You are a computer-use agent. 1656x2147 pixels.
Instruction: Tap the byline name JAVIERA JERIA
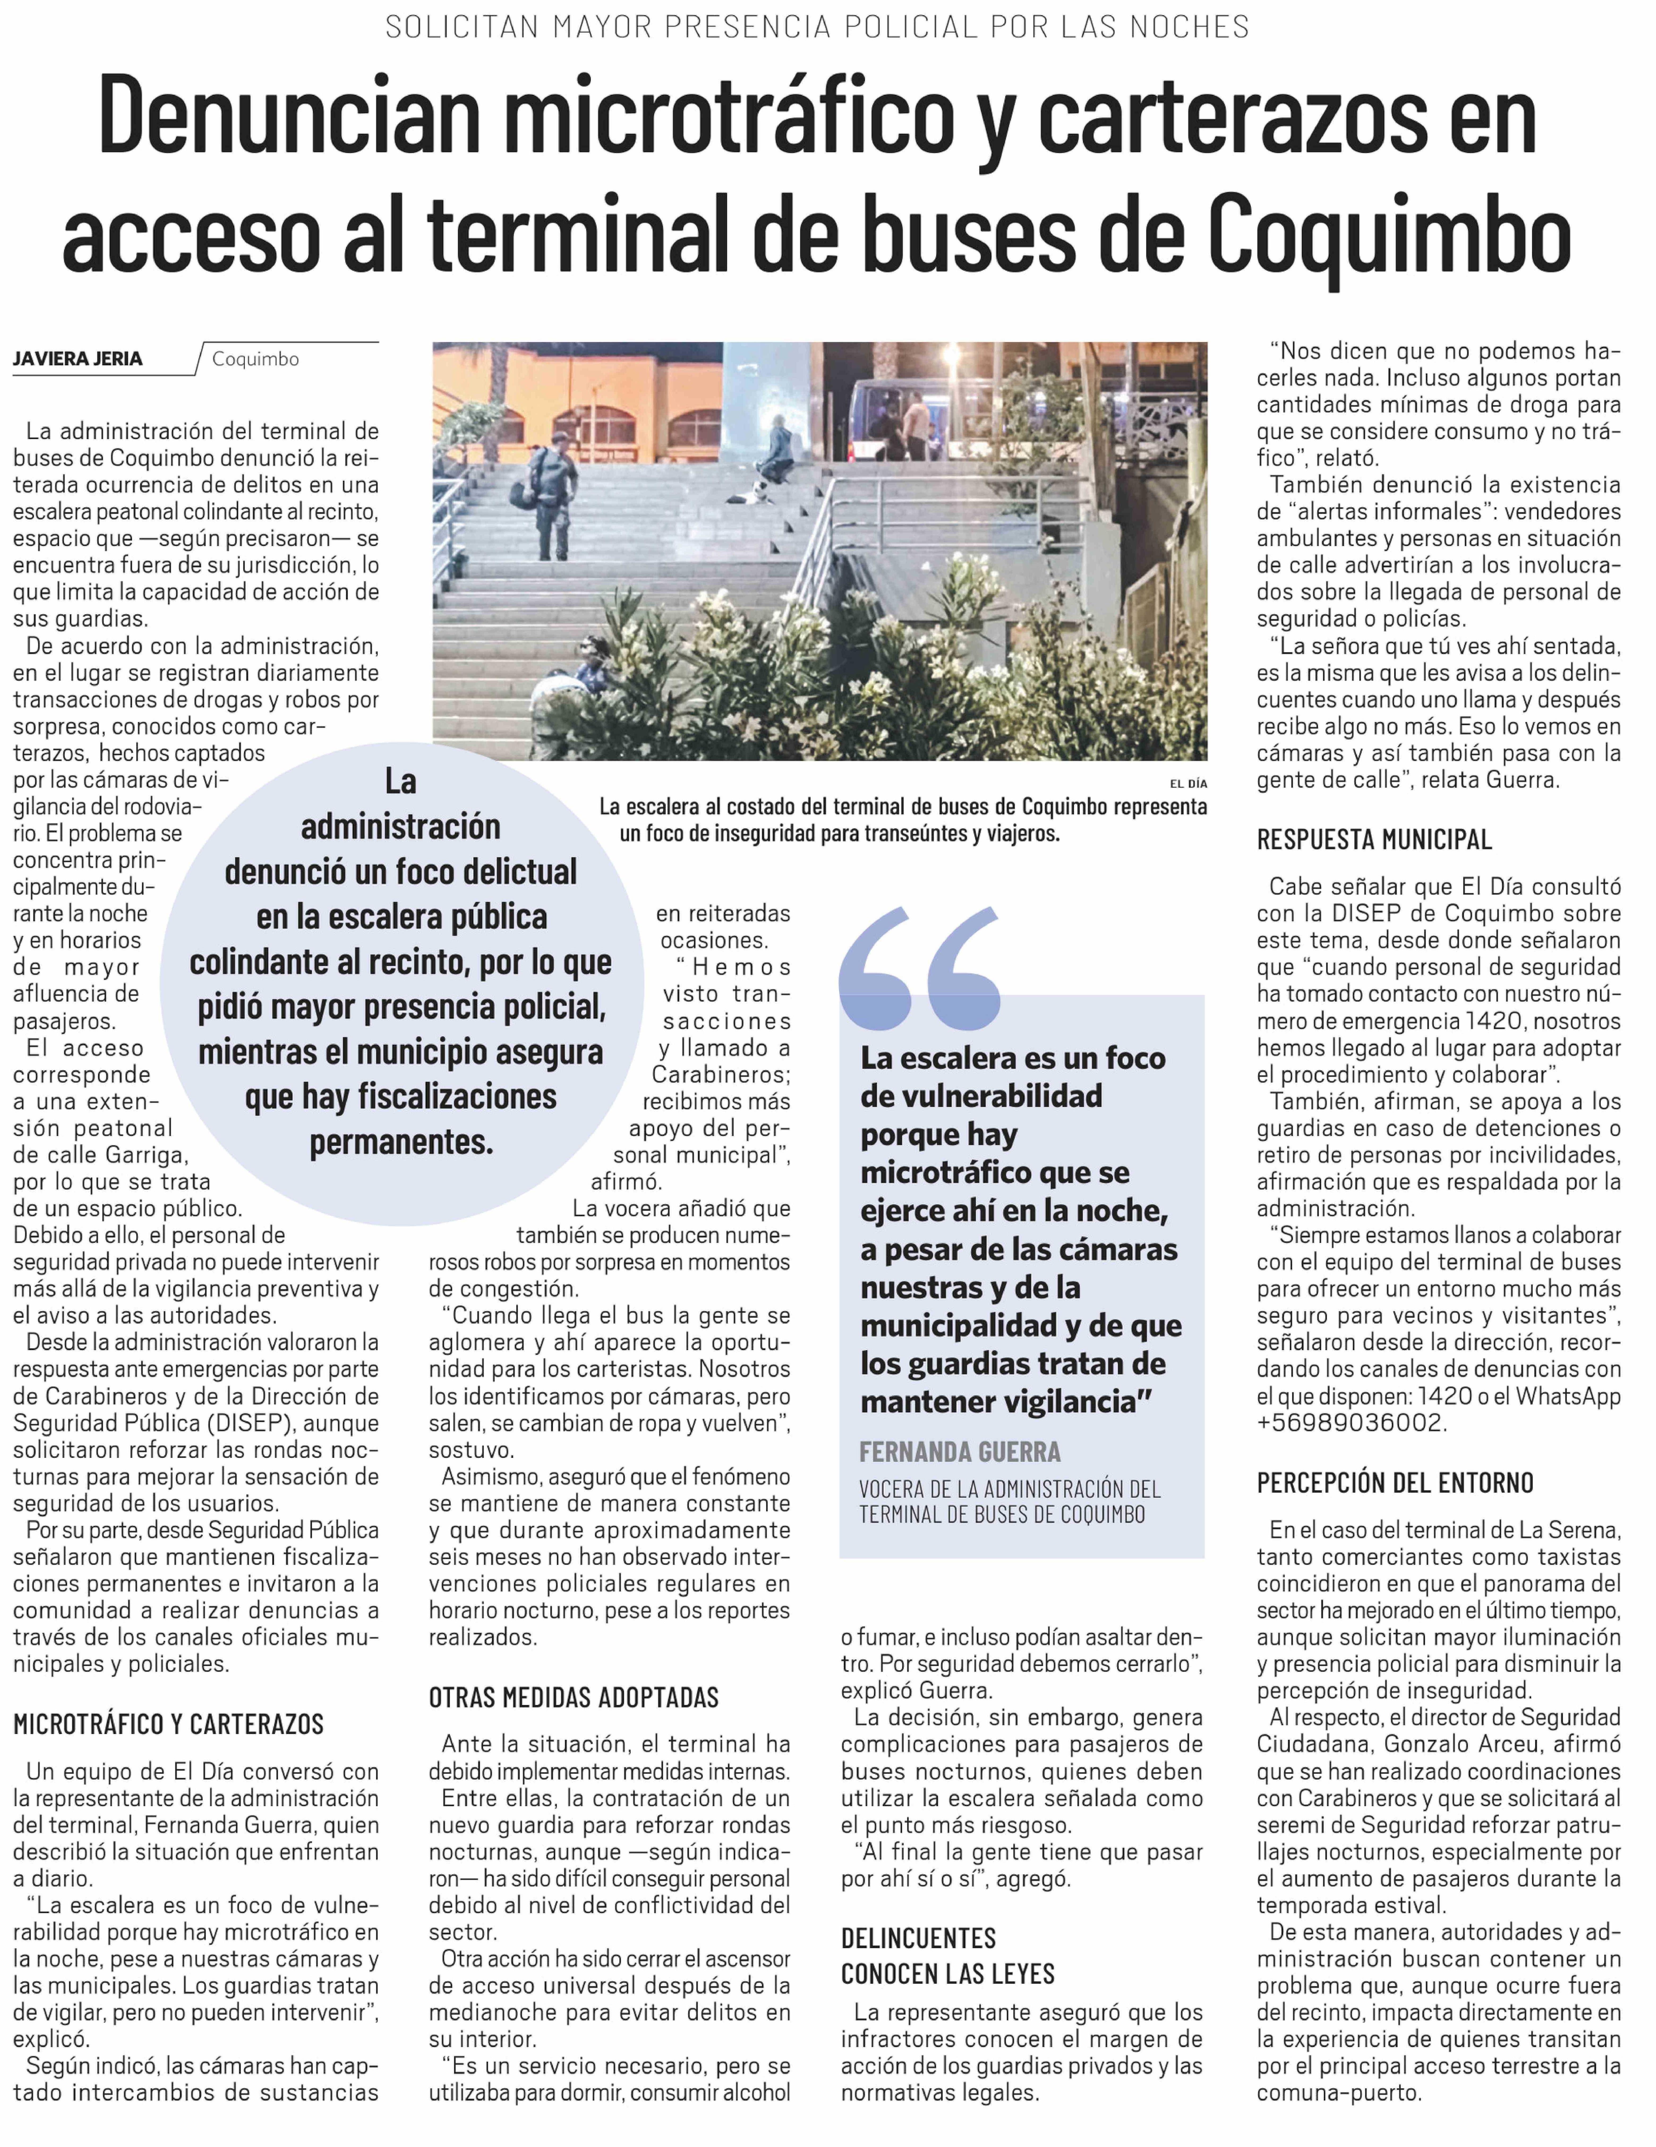78,359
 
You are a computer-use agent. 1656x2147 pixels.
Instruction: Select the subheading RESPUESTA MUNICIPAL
1374,840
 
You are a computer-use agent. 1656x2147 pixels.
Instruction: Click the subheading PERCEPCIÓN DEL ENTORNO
1394,1483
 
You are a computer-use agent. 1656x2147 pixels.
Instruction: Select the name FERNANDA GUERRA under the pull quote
960,1452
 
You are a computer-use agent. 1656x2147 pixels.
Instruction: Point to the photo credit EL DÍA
1188,784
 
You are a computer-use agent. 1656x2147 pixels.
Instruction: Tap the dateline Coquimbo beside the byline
255,359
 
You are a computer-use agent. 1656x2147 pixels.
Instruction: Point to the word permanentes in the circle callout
401,1141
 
